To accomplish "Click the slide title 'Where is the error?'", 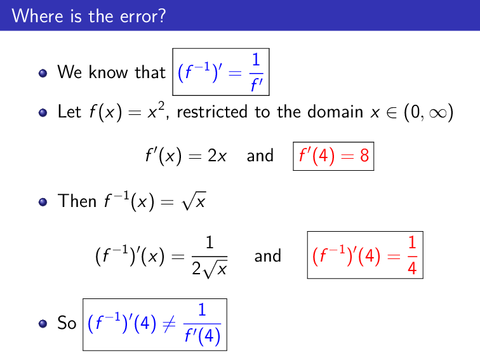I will pos(88,15).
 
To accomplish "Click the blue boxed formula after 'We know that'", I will pos(221,72).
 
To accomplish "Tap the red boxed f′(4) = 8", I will pos(333,156).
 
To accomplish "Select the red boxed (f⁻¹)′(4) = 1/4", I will pos(364,255).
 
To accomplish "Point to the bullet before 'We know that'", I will pos(43,73).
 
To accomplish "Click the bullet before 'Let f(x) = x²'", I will pos(43,113).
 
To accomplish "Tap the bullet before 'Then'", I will pos(43,202).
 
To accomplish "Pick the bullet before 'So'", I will pos(43,324).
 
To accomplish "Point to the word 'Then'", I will pos(77,201).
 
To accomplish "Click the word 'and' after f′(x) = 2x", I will pos(260,156).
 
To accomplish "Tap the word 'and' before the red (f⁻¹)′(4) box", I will pos(267,255).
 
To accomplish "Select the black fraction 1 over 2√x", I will pos(209,256).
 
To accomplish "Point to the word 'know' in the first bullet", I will pos(110,72).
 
